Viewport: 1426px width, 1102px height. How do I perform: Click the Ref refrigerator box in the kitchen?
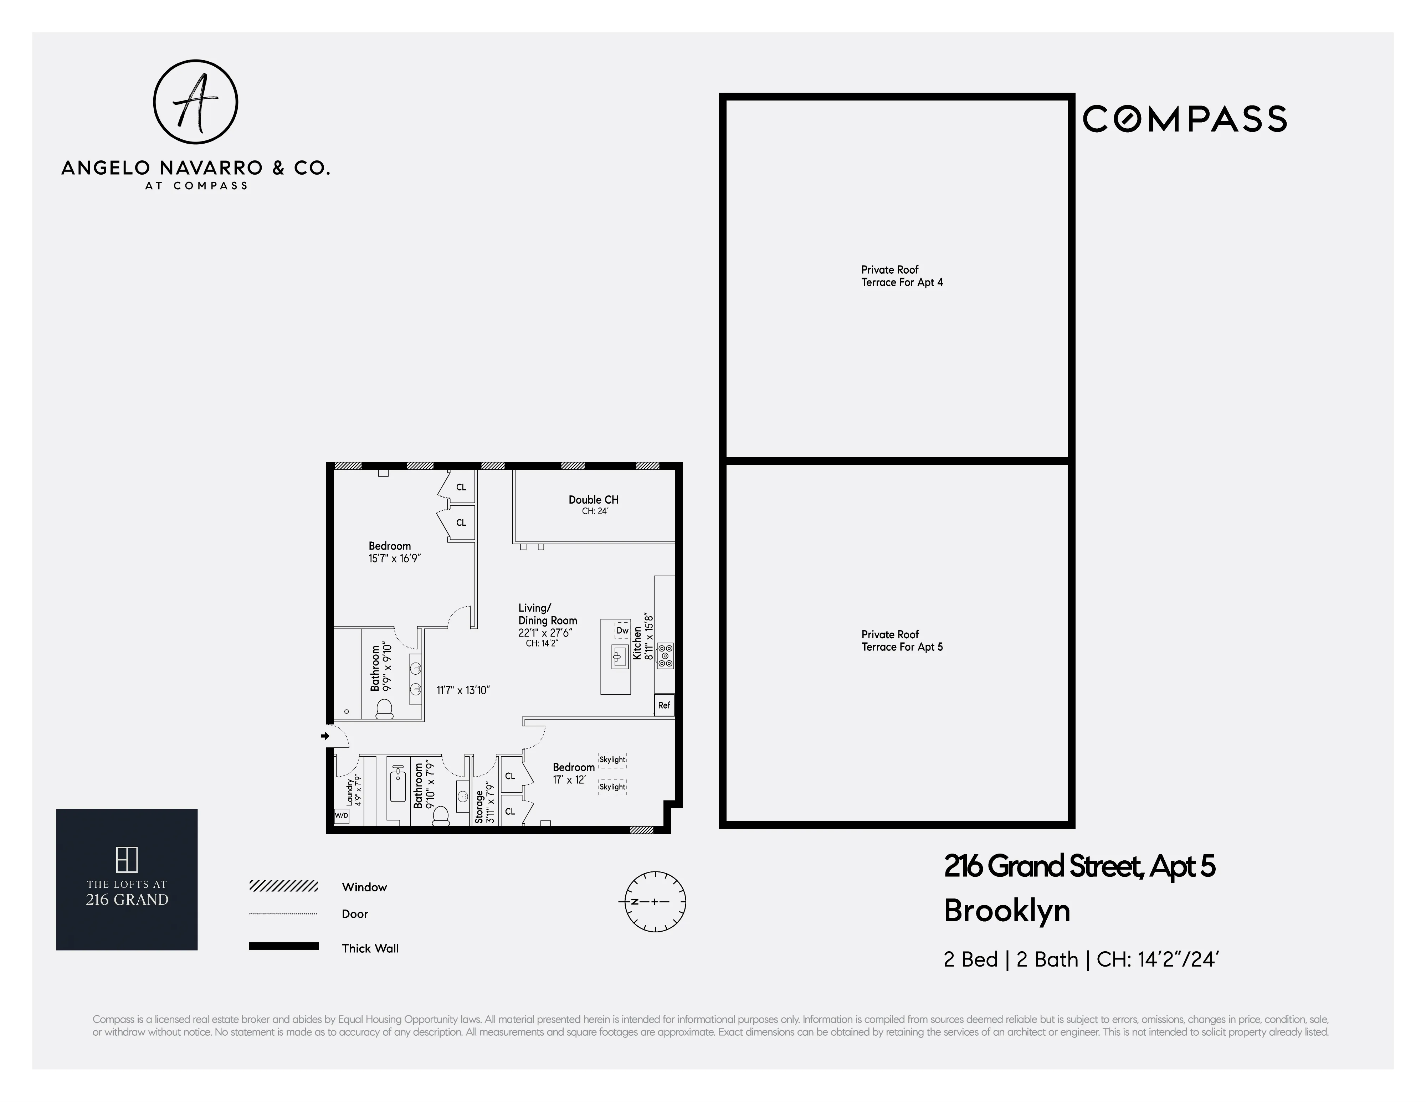pyautogui.click(x=664, y=705)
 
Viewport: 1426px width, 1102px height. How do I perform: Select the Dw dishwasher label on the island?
pyautogui.click(x=622, y=630)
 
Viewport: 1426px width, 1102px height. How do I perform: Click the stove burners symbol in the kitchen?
pyautogui.click(x=665, y=655)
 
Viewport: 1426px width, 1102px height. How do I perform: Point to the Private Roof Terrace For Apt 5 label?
pyautogui.click(x=902, y=640)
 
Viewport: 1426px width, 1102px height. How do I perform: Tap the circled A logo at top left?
pyautogui.click(x=195, y=102)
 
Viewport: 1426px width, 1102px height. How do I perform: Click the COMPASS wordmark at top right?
pyautogui.click(x=1184, y=119)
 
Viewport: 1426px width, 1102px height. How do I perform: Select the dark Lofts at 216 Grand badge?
pyautogui.click(x=127, y=879)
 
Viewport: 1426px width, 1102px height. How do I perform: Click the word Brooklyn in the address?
pyautogui.click(x=1007, y=911)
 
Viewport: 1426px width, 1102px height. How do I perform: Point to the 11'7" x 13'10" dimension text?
pyautogui.click(x=463, y=690)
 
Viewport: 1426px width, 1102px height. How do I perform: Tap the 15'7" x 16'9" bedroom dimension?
pyautogui.click(x=394, y=559)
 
